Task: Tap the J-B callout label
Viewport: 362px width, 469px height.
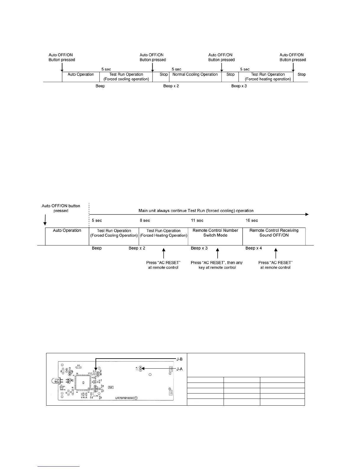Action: [x=179, y=359]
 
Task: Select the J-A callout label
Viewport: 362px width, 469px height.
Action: [x=179, y=369]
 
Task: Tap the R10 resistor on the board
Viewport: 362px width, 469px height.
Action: [x=79, y=366]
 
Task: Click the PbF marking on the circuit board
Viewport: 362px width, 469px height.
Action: [x=111, y=387]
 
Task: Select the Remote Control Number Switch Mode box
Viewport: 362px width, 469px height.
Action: [x=215, y=233]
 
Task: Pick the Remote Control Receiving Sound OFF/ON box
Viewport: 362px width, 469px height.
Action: [x=274, y=233]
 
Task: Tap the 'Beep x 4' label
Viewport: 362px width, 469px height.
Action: [x=253, y=248]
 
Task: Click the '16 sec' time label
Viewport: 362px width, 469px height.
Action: [x=252, y=221]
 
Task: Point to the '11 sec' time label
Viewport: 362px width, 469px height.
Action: [x=197, y=221]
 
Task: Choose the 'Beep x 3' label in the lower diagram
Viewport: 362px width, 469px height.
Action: [x=199, y=248]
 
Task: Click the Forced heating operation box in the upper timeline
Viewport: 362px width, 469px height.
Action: [x=268, y=77]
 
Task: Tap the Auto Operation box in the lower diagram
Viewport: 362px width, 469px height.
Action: [x=67, y=231]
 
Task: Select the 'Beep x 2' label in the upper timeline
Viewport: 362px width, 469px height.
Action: [x=171, y=86]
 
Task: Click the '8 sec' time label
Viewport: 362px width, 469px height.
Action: [x=145, y=221]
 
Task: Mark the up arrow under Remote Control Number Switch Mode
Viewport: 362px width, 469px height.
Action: [x=217, y=254]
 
